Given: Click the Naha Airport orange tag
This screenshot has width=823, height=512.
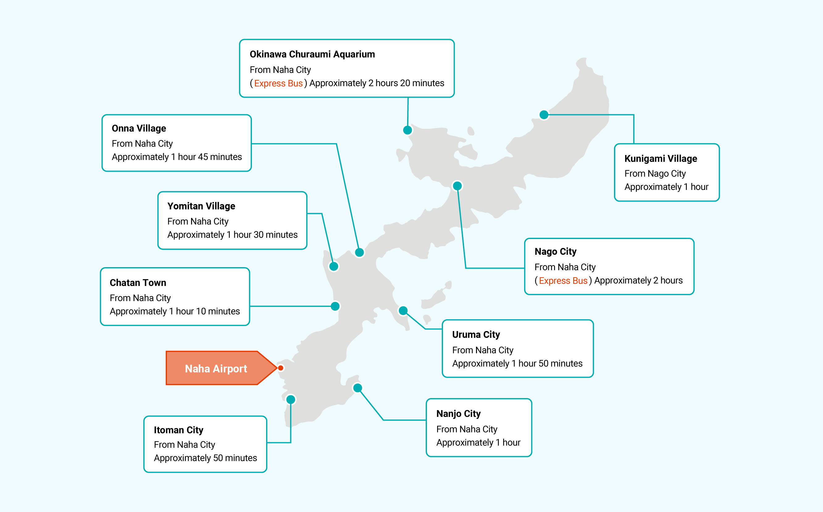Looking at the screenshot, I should (x=217, y=368).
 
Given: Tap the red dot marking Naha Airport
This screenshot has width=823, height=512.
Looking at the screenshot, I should (x=281, y=368).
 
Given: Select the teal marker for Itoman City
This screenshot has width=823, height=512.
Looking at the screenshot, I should (x=291, y=400).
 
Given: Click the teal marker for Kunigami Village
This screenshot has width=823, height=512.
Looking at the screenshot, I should (x=544, y=115).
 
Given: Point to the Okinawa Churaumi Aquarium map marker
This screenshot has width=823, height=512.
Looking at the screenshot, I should (x=407, y=130).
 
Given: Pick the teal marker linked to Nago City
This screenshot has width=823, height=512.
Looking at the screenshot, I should (x=457, y=186).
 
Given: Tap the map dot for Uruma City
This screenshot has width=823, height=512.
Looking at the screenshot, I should (x=403, y=311).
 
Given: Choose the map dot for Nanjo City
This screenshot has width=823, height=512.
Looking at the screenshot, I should (x=358, y=388).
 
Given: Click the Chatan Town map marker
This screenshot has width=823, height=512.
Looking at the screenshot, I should (x=335, y=306).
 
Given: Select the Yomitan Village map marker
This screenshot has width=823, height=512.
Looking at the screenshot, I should (x=334, y=266).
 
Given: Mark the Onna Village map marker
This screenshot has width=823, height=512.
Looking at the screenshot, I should (x=359, y=252).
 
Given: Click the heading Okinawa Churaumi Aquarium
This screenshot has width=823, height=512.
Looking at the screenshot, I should (x=312, y=54).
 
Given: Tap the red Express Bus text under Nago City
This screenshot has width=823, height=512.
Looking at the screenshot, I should (x=563, y=281).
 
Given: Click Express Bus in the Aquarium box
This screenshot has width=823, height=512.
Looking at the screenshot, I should (x=278, y=83).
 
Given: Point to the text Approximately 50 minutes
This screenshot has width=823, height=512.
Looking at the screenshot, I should (x=205, y=458).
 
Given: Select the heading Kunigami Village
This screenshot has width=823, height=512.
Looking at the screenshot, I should (x=661, y=158).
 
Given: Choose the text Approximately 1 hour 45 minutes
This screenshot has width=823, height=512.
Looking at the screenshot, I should (x=177, y=157).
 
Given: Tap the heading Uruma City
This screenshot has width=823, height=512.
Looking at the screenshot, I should (x=476, y=334).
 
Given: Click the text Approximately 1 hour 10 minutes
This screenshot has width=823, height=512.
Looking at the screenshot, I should (x=175, y=311).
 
